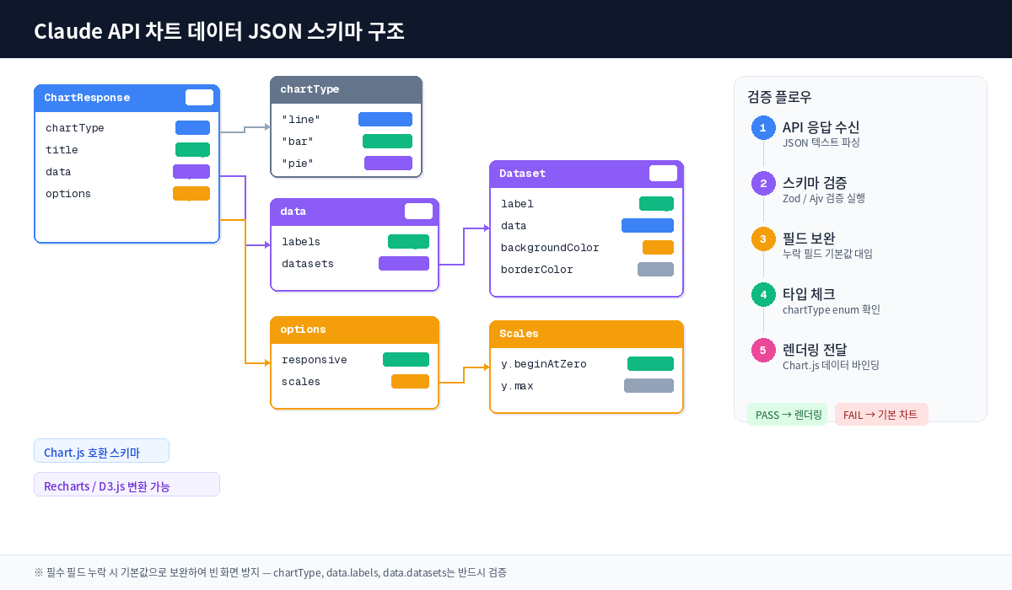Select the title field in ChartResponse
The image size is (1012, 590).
point(62,150)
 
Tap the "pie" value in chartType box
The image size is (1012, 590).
point(298,164)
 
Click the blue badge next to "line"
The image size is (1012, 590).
point(385,120)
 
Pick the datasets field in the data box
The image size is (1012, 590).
point(308,264)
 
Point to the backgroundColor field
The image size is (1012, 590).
point(550,248)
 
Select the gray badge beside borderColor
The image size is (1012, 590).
point(655,270)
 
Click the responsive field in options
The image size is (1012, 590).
point(315,360)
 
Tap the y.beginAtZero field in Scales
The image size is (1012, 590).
point(544,364)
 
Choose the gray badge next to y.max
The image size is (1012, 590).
point(649,386)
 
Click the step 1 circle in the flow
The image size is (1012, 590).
point(763,128)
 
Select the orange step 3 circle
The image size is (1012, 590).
point(763,239)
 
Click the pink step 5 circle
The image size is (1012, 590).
point(763,351)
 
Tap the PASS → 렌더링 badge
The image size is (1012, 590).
point(787,415)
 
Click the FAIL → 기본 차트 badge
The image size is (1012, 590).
point(881,415)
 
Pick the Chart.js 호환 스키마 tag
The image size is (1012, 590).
point(101,451)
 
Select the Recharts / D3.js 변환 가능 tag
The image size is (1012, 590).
point(126,485)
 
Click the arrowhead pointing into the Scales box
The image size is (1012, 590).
point(486,367)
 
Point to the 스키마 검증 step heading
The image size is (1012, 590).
point(815,183)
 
